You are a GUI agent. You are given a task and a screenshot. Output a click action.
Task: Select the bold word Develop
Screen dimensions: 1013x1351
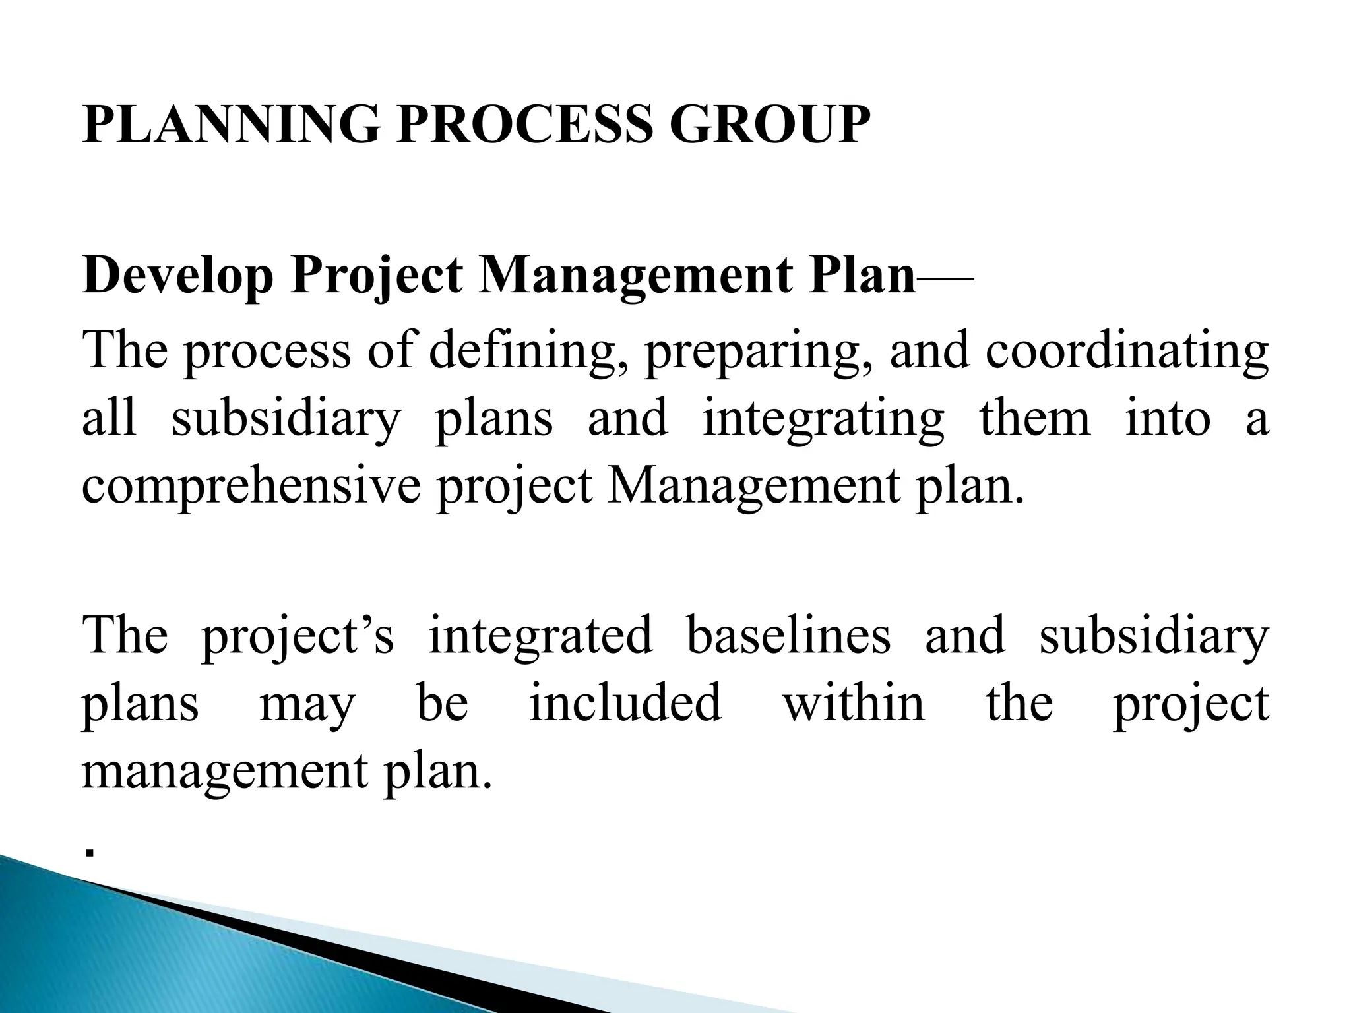pos(178,276)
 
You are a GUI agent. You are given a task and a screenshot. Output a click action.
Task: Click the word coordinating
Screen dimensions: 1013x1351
pos(1127,351)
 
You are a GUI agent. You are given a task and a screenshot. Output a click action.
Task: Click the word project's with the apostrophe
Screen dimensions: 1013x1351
pos(297,636)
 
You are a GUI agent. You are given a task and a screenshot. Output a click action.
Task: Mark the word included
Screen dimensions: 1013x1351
pos(625,703)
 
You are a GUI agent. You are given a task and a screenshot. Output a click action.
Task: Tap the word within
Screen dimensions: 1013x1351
pos(854,703)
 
